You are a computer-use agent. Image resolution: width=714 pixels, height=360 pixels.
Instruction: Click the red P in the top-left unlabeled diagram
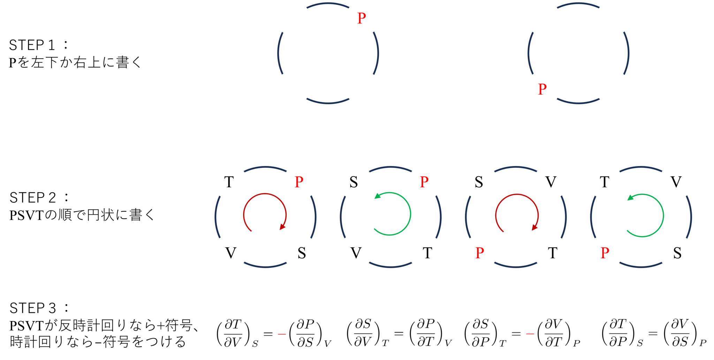362,18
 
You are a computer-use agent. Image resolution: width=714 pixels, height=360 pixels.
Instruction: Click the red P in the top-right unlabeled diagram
542,89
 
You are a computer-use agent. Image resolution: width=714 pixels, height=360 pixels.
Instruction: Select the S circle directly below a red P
301,253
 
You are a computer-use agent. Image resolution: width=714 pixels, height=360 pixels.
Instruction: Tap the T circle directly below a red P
426,253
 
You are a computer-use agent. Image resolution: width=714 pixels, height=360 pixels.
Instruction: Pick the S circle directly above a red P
479,182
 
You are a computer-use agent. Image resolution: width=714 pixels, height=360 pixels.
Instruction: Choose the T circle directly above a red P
605,182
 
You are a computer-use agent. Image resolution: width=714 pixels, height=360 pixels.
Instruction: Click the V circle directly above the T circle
551,182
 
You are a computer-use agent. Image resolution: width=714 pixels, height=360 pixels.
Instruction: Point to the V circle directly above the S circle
676,182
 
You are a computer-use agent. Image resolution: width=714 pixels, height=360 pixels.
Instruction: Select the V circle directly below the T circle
230,253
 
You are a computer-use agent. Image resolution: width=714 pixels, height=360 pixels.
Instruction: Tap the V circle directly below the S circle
355,253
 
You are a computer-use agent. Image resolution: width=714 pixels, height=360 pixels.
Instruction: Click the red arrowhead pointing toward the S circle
283,227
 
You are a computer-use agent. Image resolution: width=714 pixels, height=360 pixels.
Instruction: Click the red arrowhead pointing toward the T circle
534,227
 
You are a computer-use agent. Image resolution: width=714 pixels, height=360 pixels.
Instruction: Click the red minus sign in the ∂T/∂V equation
282,334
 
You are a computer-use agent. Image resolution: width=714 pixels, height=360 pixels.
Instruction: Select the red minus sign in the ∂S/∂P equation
530,334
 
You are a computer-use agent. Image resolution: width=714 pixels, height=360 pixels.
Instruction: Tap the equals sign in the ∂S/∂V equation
398,333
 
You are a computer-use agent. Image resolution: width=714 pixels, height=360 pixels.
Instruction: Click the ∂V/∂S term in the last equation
680,333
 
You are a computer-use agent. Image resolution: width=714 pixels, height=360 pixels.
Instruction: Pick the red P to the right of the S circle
424,182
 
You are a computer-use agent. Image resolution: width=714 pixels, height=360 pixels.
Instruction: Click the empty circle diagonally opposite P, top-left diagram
292,89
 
